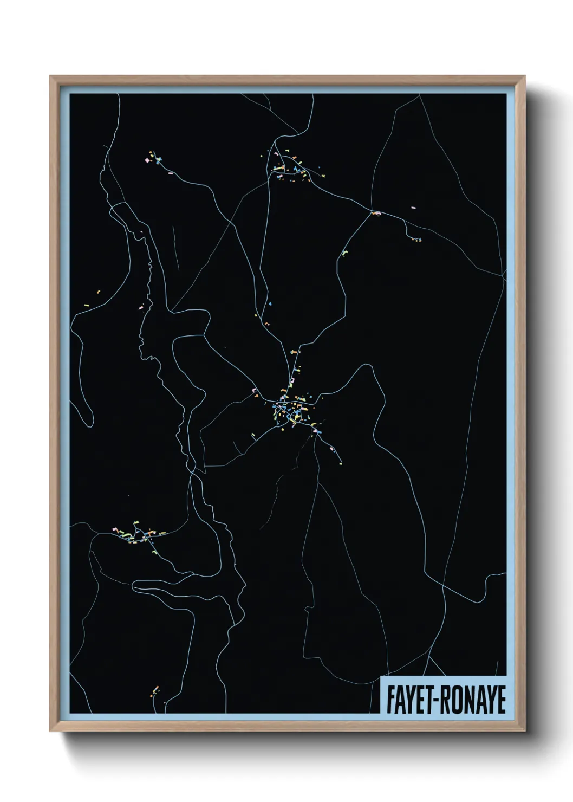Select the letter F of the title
(390, 700)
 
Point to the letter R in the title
(443, 700)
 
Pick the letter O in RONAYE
(455, 700)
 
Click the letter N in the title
(467, 700)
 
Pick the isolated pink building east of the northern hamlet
(413, 208)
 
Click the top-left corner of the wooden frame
(50, 77)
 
